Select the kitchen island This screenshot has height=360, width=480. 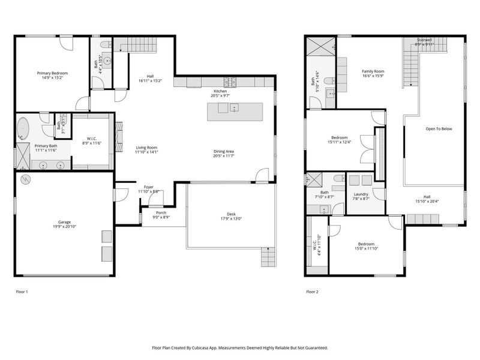[235, 111]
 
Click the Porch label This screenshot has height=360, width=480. [161, 212]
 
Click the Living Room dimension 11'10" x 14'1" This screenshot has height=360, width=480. [146, 152]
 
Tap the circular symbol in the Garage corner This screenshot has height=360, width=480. [25, 179]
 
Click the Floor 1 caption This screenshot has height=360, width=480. [22, 292]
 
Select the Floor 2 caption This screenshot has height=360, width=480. [312, 292]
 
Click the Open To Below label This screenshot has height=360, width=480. [439, 129]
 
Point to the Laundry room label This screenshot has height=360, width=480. [361, 194]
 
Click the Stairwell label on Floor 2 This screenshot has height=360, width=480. [425, 40]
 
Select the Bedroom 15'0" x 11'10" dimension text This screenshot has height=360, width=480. [366, 249]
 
